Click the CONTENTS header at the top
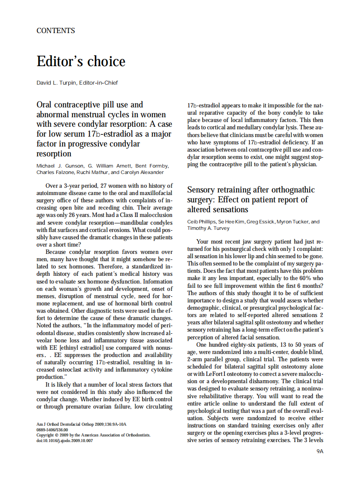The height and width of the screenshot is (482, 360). coord(56,31)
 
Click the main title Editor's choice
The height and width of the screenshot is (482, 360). coord(81,61)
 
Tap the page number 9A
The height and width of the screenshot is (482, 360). coord(319,451)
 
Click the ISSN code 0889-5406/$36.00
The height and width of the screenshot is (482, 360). coord(52,430)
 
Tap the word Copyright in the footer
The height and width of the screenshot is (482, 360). coord(46,435)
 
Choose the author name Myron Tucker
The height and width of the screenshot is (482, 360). coord(293,222)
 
